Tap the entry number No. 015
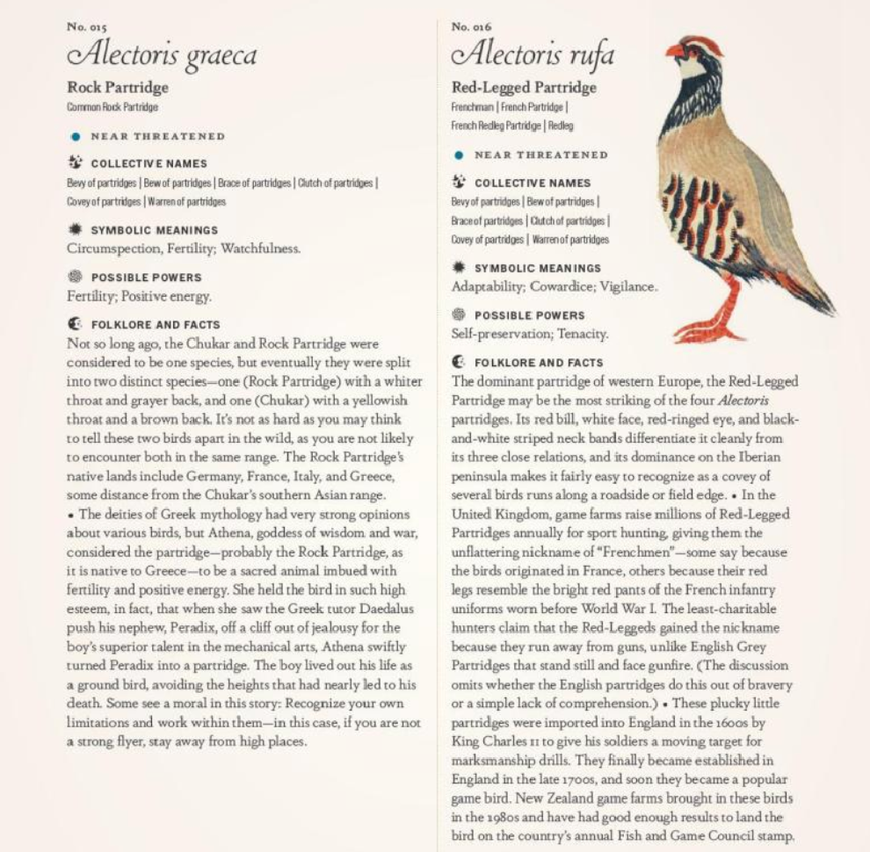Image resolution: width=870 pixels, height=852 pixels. pos(86,27)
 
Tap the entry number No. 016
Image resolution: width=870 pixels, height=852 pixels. pos(471,27)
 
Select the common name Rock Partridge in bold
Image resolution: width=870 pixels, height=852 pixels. pos(118,88)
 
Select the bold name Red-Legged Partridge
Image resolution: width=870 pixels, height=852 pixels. pos(524,88)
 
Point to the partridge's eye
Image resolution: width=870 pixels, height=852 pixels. pos(694,49)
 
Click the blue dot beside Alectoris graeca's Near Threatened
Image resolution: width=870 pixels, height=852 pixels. pos(76,137)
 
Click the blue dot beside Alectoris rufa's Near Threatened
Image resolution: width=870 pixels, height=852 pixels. pos(459,155)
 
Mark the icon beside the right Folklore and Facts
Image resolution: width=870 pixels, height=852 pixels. pos(459,361)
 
